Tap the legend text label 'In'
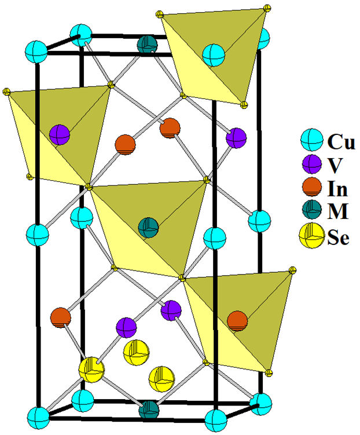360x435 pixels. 337,189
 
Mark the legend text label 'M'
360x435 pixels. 337,213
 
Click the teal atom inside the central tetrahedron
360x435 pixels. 149,226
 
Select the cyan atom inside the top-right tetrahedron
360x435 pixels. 213,55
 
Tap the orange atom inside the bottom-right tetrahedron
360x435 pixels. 236,319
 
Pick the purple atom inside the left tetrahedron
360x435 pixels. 60,135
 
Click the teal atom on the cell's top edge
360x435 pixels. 148,45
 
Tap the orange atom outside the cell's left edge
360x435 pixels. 60,317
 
